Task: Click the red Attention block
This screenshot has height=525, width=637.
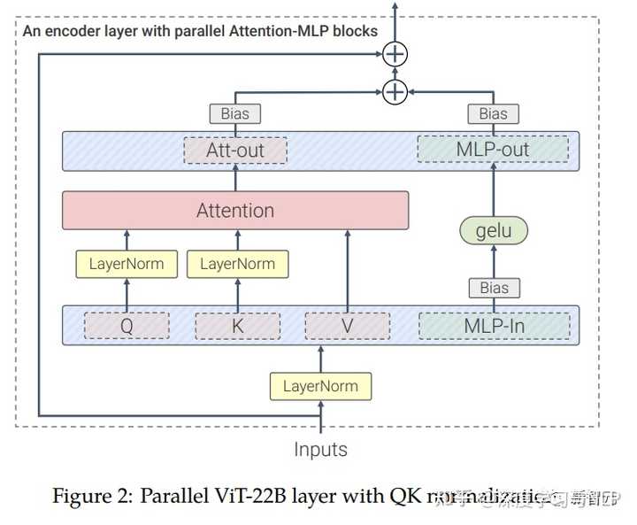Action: tap(235, 211)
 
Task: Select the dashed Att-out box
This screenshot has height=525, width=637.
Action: tap(235, 151)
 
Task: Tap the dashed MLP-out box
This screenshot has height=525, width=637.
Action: tap(493, 151)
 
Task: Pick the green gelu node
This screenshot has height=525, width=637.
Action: tap(494, 231)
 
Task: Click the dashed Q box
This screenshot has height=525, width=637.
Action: tap(127, 326)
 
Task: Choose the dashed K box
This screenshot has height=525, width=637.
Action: tap(237, 326)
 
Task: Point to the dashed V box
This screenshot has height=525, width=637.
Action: tap(347, 326)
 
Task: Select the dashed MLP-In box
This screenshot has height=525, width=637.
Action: tap(494, 326)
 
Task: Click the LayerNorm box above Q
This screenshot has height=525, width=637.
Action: tap(127, 264)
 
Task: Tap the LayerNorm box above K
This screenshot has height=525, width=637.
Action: tap(237, 264)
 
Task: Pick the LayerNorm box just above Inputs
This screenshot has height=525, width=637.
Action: tap(320, 386)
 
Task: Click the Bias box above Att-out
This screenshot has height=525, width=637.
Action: tap(235, 113)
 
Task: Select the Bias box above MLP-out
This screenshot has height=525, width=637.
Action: tap(494, 113)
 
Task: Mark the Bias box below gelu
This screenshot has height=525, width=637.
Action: tap(494, 288)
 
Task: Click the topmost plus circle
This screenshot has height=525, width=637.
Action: tap(395, 55)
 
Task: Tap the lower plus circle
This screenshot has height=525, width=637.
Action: tap(395, 91)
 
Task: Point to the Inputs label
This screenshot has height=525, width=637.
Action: tap(320, 449)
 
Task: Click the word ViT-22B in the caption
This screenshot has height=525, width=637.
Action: tap(249, 497)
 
